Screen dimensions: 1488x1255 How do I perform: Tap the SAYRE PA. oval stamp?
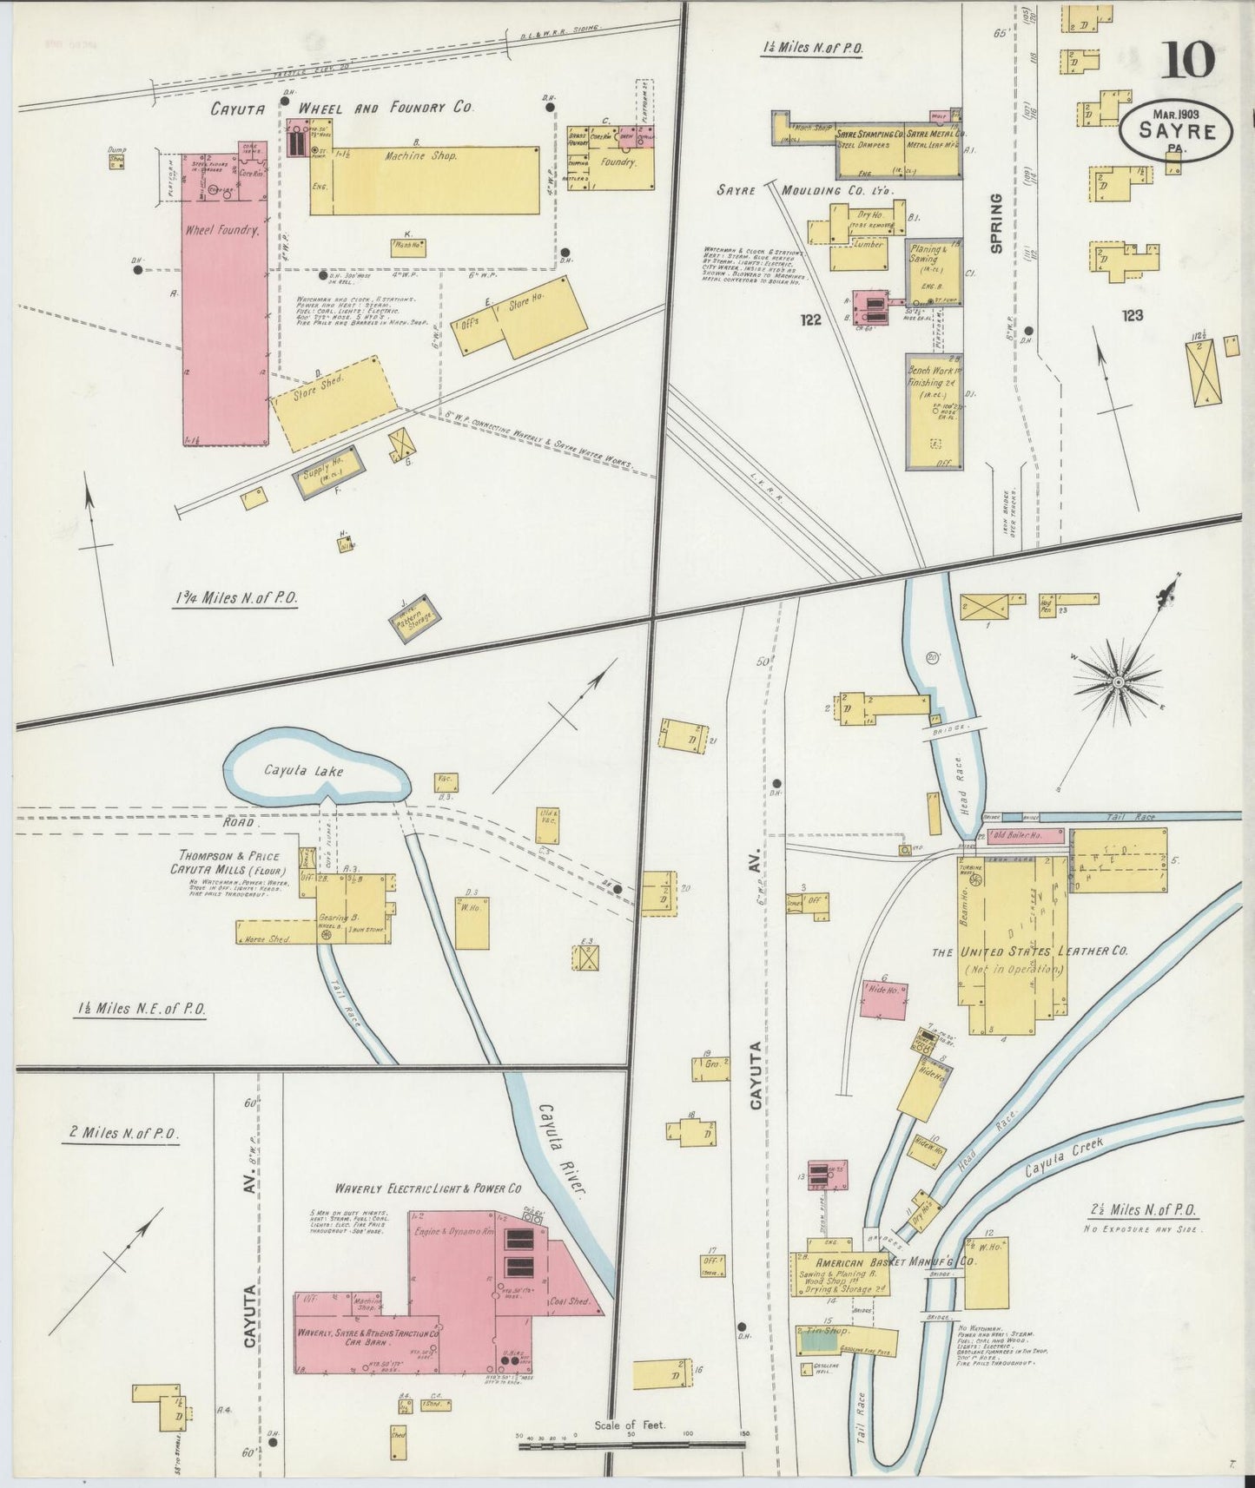click(x=1178, y=131)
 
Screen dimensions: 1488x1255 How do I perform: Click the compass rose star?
click(x=1118, y=683)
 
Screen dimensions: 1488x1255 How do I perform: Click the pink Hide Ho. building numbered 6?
click(x=883, y=997)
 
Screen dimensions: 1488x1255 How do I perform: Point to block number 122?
click(x=810, y=320)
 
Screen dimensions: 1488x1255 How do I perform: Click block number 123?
click(x=1132, y=316)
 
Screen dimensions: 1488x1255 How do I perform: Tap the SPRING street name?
click(x=996, y=223)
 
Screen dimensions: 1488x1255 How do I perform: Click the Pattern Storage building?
click(x=414, y=621)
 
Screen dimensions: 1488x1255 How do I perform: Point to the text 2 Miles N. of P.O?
click(x=120, y=1134)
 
